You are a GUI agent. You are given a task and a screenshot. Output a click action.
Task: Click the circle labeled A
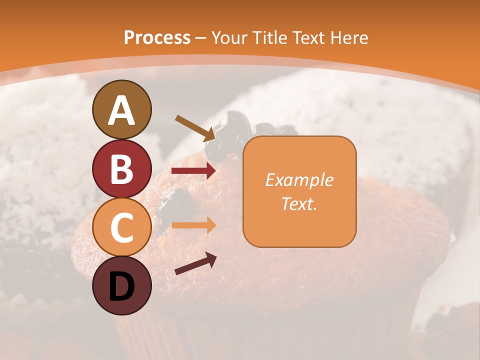[x=121, y=109]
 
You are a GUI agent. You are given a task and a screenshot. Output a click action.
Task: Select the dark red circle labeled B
[x=121, y=168]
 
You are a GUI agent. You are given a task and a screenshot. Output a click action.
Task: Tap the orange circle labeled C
[x=121, y=227]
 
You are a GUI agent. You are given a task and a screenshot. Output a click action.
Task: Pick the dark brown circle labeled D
[x=121, y=285]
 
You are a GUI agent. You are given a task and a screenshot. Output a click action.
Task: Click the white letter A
[x=121, y=110]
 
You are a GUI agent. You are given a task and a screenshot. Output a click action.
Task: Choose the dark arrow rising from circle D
[x=195, y=263]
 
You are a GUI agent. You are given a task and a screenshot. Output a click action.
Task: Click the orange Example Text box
[x=299, y=191]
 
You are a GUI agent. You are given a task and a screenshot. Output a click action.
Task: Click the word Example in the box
[x=299, y=180]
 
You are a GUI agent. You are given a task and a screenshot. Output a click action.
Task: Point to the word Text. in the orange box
[x=299, y=204]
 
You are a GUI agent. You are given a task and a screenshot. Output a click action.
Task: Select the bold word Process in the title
[x=157, y=38]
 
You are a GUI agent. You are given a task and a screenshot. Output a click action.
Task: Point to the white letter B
[x=121, y=169]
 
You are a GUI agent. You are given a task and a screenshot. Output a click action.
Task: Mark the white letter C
[x=121, y=227]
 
